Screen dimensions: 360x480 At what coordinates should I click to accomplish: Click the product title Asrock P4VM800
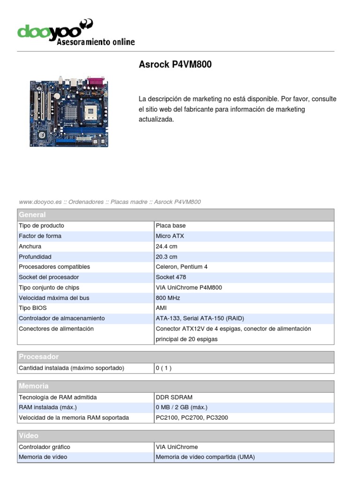pos(175,65)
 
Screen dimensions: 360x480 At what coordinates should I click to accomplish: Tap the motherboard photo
pos(69,112)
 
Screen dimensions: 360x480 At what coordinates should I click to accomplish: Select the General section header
pos(32,215)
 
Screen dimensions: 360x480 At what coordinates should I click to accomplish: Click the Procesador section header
pos(38,357)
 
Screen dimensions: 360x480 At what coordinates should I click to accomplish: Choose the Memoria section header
pos(34,386)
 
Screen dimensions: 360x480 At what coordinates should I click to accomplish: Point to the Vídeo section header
pos(29,436)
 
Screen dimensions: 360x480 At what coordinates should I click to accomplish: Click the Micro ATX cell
pos(170,236)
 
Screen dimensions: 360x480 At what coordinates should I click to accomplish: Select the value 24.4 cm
pos(166,246)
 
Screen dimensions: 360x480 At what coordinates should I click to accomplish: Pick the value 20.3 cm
pos(166,256)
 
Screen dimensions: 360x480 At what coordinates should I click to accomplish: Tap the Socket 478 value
pos(171,277)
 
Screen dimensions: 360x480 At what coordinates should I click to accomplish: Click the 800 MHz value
pos(168,298)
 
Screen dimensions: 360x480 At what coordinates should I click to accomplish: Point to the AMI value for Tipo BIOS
pos(161,308)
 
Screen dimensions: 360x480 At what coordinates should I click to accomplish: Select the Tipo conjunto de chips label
pos(49,287)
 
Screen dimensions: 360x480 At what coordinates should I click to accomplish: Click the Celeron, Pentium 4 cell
pos(181,267)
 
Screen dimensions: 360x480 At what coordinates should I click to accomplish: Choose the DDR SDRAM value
pos(174,397)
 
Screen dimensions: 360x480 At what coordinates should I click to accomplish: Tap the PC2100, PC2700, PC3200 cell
pos(192,418)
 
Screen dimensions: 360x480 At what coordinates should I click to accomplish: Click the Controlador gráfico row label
pos(44,447)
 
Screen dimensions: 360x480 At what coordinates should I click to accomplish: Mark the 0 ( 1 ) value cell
pos(164,368)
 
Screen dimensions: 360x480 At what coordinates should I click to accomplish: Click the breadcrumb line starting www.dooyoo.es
pos(110,202)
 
